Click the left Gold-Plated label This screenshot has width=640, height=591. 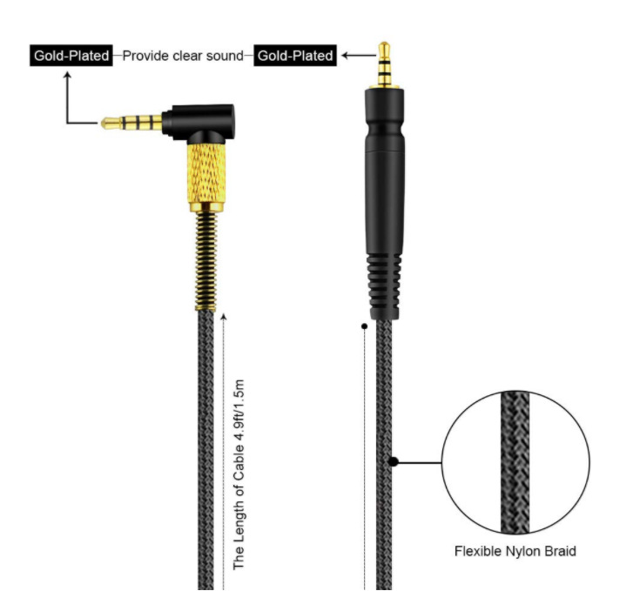click(71, 56)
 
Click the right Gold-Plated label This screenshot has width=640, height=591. click(294, 56)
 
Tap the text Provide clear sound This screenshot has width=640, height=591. click(183, 56)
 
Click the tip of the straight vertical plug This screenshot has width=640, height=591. click(383, 44)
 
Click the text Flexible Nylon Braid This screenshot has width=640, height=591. click(515, 551)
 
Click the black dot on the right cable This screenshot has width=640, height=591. click(394, 461)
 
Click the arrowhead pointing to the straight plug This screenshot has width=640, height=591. click(346, 56)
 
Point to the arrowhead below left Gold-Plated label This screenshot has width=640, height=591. click(67, 76)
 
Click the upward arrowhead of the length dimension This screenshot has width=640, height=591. click(225, 317)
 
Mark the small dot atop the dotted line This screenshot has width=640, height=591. click(363, 327)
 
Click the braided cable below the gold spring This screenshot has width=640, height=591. click(206, 435)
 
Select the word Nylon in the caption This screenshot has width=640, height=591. click(524, 551)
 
